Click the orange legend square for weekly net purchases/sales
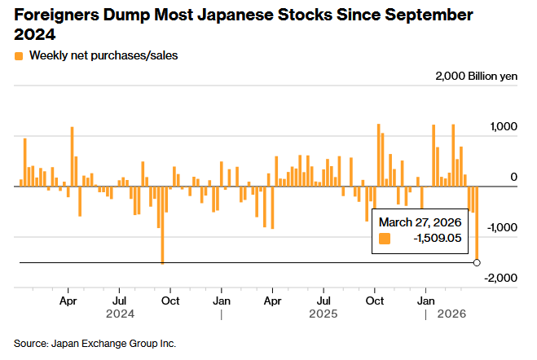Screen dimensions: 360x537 pos(18,56)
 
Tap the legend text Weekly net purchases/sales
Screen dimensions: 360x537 pos(103,56)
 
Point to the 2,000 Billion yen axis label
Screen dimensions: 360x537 pos(476,76)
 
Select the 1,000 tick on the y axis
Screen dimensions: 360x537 pos(503,127)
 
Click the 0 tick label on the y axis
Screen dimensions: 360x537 pos(513,177)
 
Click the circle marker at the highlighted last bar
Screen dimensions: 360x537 pos(477,262)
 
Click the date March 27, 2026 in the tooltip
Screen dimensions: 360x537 pos(420,222)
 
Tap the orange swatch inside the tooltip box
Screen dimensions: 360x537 pos(385,239)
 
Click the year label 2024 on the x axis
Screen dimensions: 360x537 pos(119,313)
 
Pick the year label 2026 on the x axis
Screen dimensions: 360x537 pos(452,313)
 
